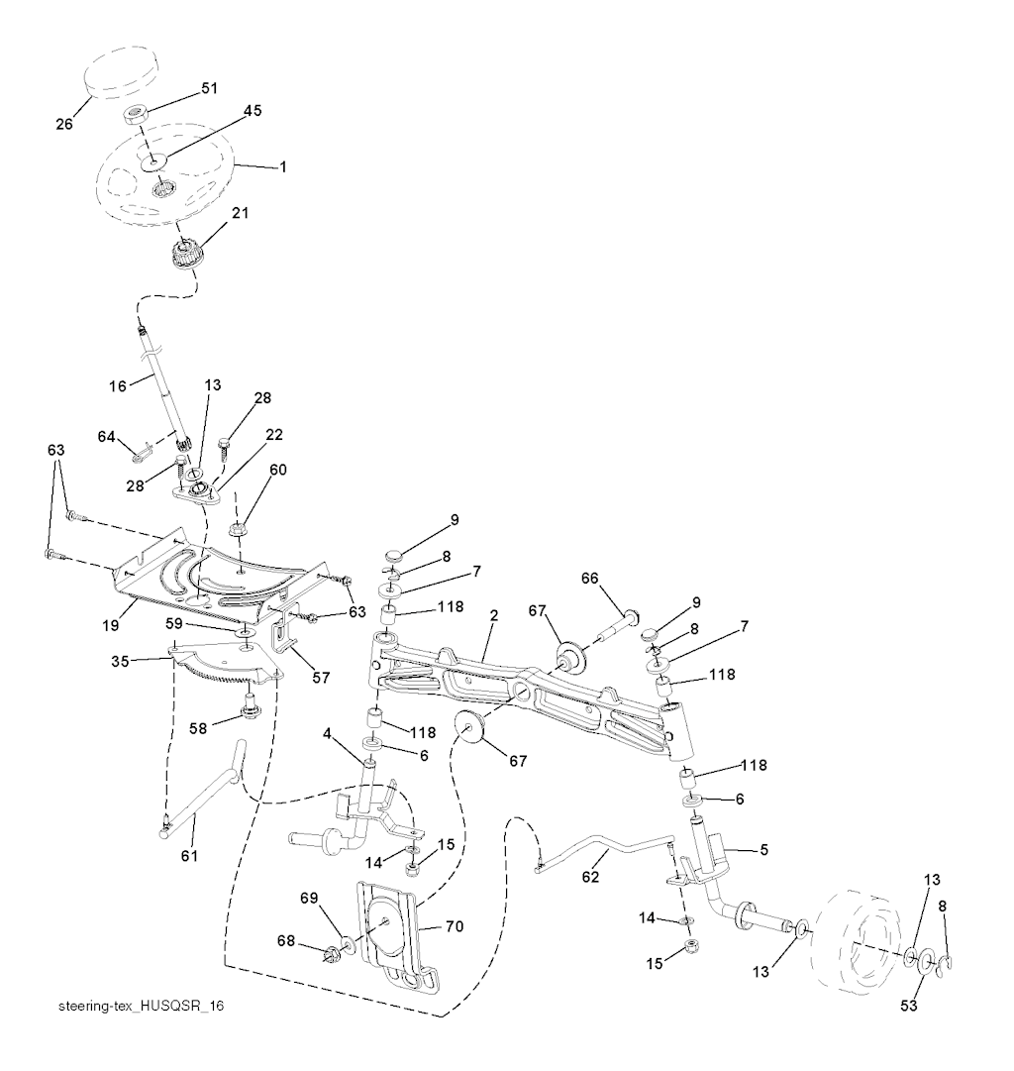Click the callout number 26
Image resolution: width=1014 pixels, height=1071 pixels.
(64, 124)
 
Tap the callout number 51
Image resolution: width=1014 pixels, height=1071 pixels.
(209, 88)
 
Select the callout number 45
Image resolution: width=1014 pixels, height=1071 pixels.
(253, 111)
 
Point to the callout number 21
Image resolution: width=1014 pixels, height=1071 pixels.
(240, 213)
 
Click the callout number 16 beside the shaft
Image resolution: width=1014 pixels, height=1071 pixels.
(118, 386)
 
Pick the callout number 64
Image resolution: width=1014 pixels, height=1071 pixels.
(107, 436)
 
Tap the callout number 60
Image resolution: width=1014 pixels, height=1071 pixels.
(278, 470)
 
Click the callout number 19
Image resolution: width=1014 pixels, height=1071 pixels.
(111, 625)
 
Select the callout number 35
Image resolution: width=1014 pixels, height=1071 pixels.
(120, 661)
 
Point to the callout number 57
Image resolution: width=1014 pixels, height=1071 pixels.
(321, 678)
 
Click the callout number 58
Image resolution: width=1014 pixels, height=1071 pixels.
(198, 729)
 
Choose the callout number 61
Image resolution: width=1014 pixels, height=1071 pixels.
(188, 855)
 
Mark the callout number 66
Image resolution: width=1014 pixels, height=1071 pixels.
(589, 579)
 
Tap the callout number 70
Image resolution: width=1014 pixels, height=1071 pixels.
(455, 926)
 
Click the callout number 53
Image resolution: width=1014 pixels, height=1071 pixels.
(909, 1006)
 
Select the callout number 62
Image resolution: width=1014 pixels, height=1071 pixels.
(590, 877)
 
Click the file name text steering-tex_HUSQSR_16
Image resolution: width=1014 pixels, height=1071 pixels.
(142, 1007)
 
